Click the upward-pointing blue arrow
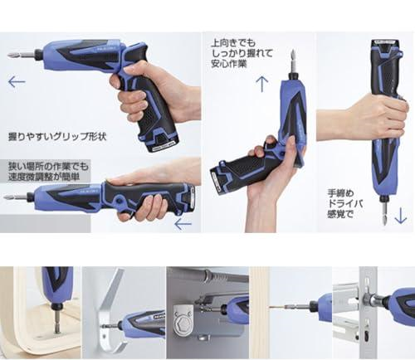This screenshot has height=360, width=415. pos(261,84)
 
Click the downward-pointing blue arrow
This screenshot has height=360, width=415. pos(400,216)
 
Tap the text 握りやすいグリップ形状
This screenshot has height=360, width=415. pos(57,136)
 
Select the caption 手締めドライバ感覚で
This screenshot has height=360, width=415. pos(345,203)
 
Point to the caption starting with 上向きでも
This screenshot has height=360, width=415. pos(242,53)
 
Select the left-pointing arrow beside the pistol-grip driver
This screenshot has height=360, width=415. pos(17,81)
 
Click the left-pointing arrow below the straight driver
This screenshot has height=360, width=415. pos(183,224)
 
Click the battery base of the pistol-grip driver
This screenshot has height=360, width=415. pos(160,142)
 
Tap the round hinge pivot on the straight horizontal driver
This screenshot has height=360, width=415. pos(120,199)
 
